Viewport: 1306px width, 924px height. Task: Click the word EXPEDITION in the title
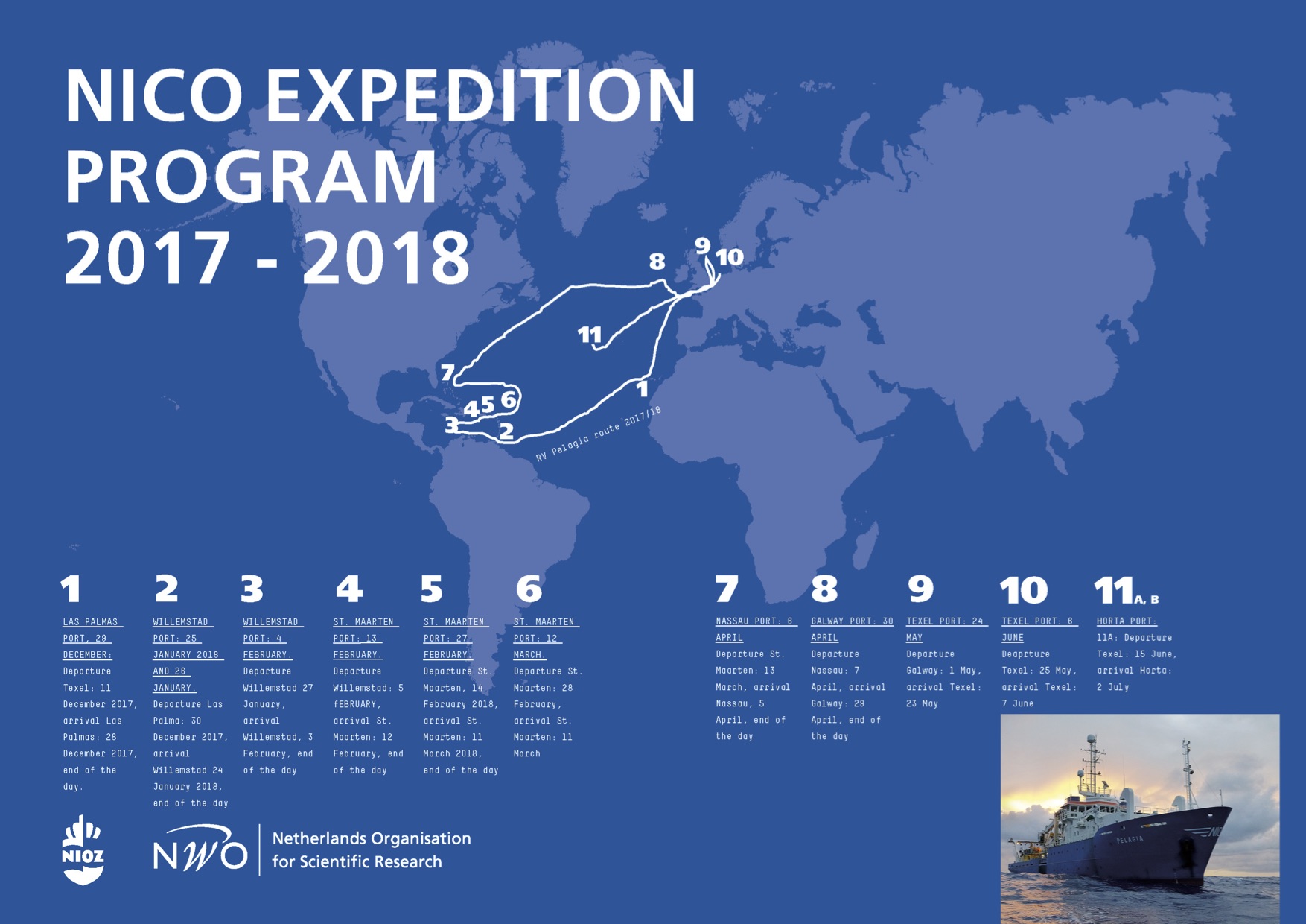pyautogui.click(x=480, y=95)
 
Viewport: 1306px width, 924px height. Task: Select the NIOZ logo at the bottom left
pyautogui.click(x=83, y=849)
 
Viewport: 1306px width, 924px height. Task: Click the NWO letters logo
pyautogui.click(x=200, y=849)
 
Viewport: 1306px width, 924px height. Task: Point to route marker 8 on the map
pyautogui.click(x=656, y=262)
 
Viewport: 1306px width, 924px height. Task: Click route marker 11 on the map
pyautogui.click(x=590, y=335)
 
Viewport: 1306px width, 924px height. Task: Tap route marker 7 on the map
pyautogui.click(x=447, y=373)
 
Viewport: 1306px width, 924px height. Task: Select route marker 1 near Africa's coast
pyautogui.click(x=642, y=389)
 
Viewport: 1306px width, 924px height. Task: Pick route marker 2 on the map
pyautogui.click(x=506, y=430)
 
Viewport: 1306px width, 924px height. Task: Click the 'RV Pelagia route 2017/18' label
pyautogui.click(x=599, y=434)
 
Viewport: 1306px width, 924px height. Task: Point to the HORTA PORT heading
pyautogui.click(x=1127, y=621)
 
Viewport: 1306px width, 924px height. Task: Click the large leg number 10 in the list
pyautogui.click(x=1024, y=590)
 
